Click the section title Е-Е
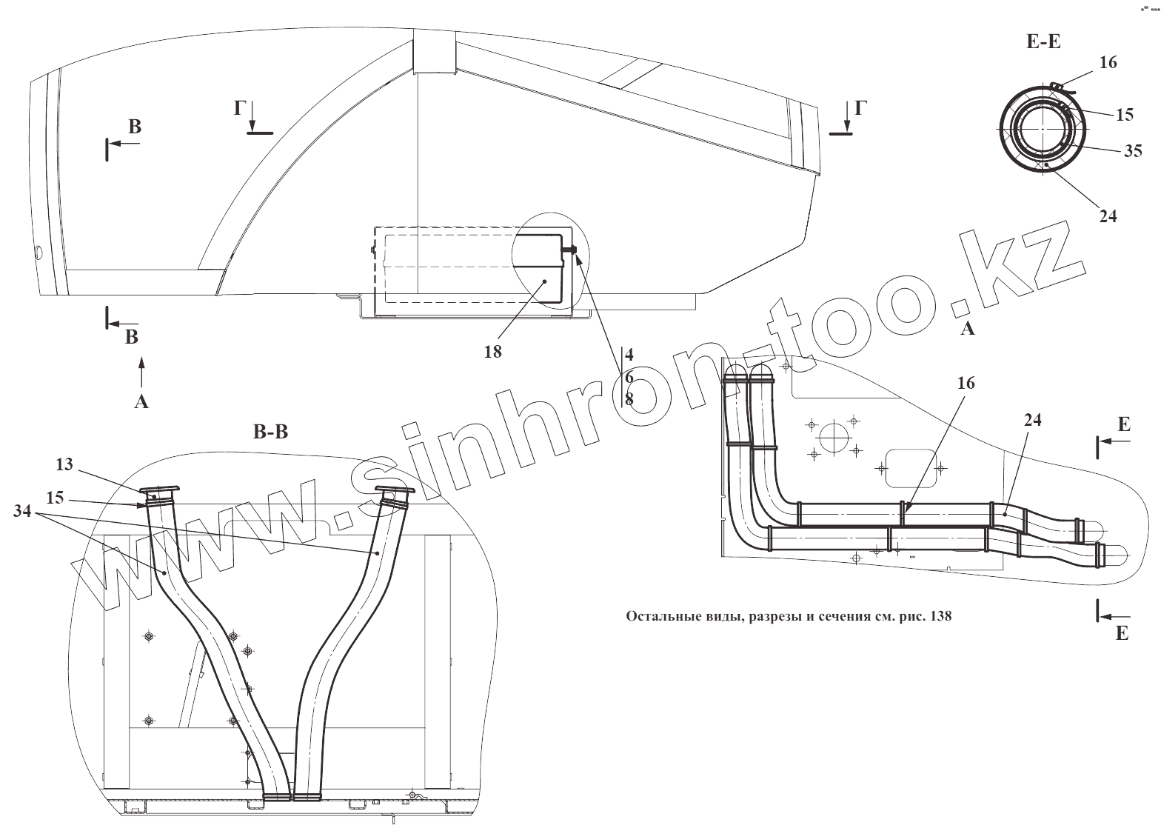(x=1043, y=41)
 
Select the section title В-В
(x=270, y=433)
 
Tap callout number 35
(x=1133, y=152)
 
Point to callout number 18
(x=492, y=352)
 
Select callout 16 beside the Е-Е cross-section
(x=1108, y=63)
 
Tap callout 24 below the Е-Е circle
(x=1108, y=216)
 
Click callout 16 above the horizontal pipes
(x=966, y=383)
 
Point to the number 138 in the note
(x=939, y=616)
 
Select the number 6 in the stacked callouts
(x=629, y=377)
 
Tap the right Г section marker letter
(x=859, y=108)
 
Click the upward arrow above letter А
(x=141, y=371)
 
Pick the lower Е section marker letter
(x=1122, y=633)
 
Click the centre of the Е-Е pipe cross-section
(x=1043, y=129)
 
